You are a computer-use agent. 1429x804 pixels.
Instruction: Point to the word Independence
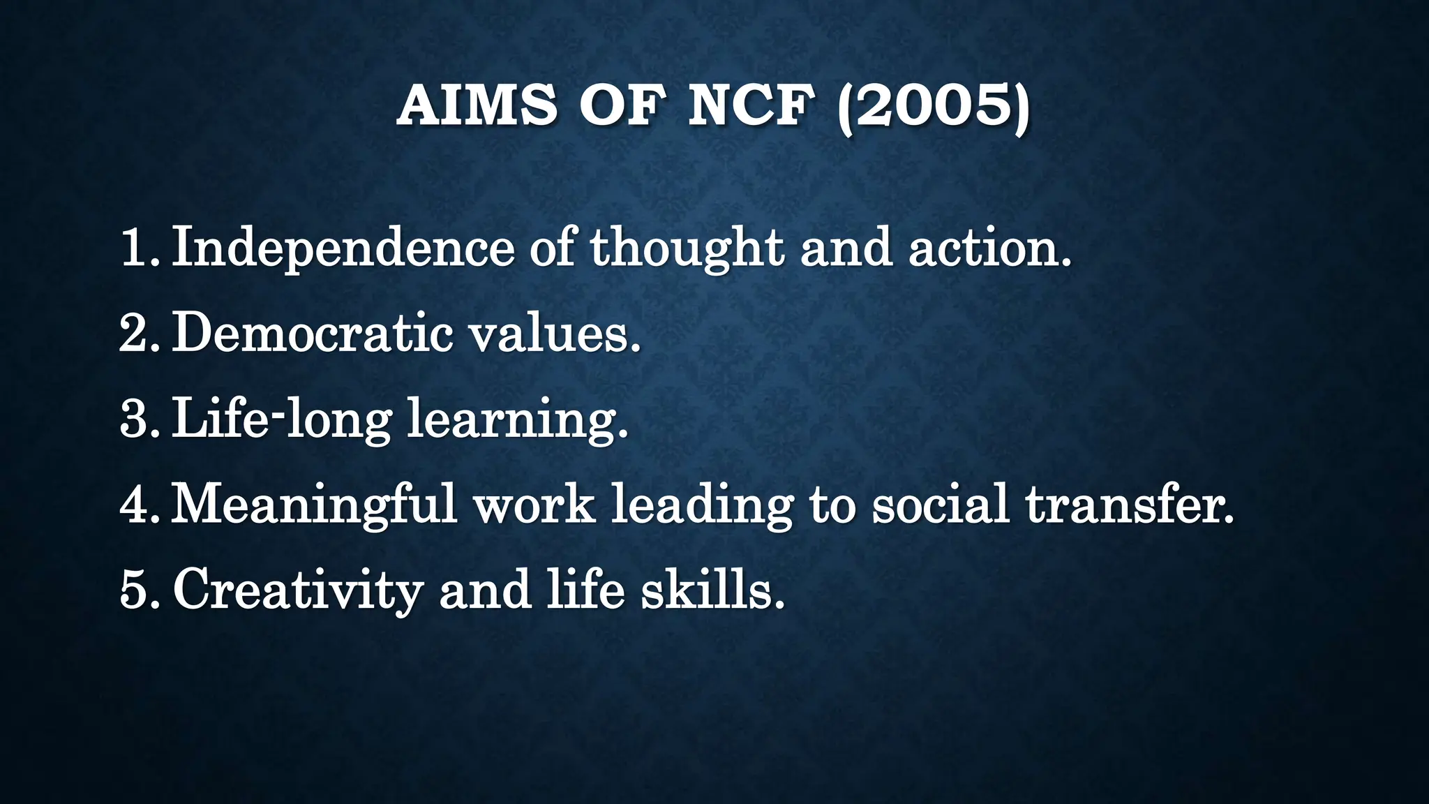coord(343,248)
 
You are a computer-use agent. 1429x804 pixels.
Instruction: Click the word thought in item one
coord(687,248)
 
